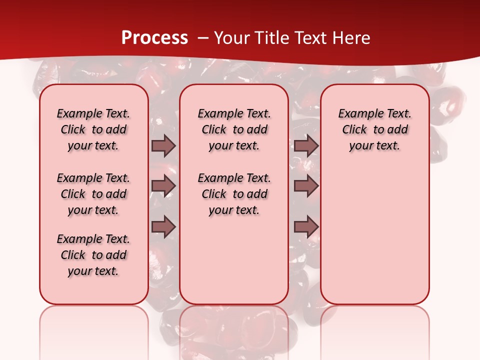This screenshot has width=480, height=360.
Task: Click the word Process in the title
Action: [x=154, y=37]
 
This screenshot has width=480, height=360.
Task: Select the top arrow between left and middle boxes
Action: [x=163, y=146]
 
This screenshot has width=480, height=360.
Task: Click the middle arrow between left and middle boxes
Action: [x=163, y=186]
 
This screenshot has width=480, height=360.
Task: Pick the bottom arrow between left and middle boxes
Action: [x=163, y=226]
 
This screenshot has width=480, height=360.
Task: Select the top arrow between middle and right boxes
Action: [x=306, y=146]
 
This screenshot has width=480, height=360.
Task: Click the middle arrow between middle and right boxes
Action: [x=306, y=186]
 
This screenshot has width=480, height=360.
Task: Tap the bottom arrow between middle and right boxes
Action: [x=306, y=226]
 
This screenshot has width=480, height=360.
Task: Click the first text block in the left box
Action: [x=93, y=129]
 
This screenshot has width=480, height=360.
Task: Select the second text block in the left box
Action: [x=93, y=194]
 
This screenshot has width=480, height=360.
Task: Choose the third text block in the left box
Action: [x=93, y=255]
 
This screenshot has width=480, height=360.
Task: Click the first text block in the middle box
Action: [x=234, y=129]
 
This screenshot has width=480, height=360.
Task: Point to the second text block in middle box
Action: [x=234, y=194]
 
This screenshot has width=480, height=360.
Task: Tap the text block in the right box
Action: [x=374, y=129]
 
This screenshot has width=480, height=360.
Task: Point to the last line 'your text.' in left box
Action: [x=93, y=271]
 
